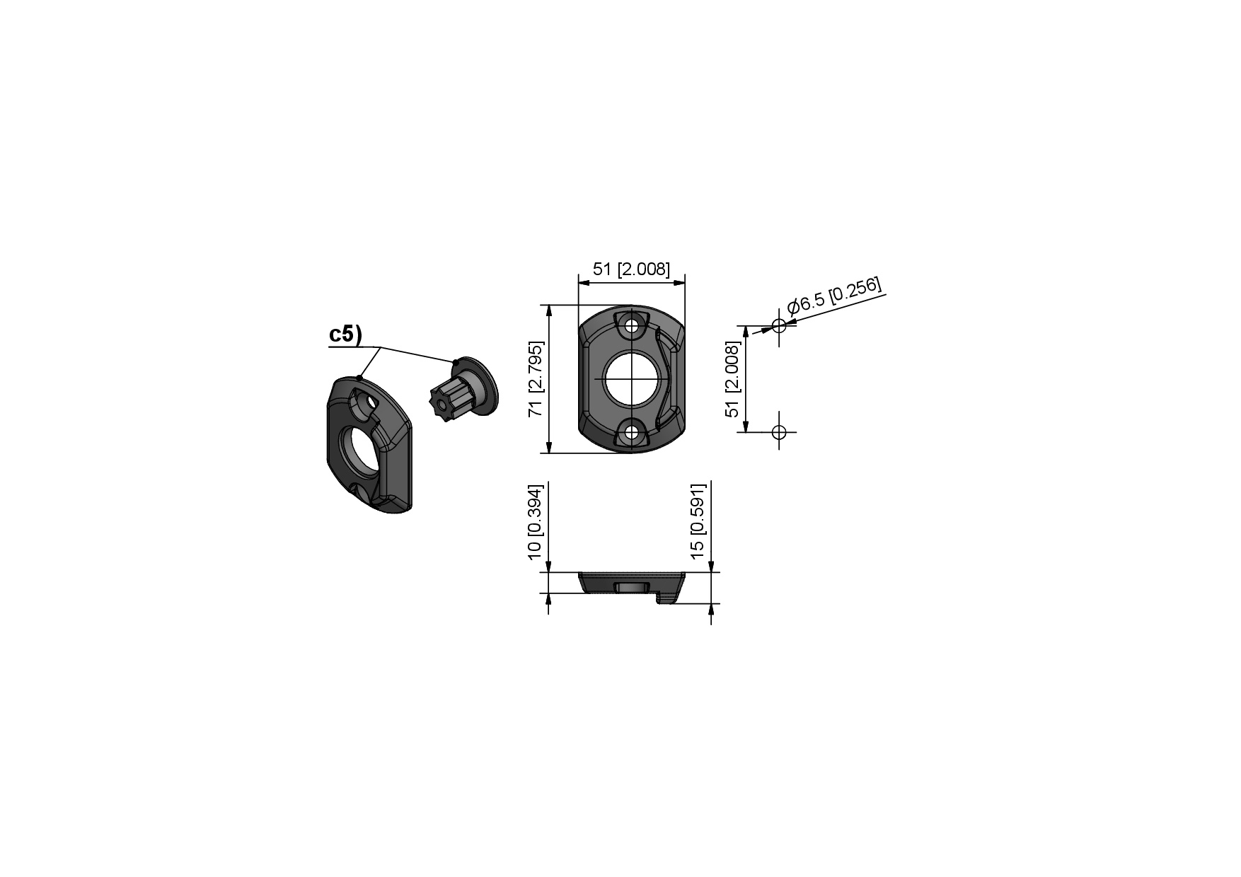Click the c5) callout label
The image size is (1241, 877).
click(345, 335)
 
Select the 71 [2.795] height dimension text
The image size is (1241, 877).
click(536, 379)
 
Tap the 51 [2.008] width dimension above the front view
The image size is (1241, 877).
click(631, 269)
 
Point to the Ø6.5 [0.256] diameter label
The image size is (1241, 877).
click(835, 296)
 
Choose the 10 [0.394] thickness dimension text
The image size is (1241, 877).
click(536, 522)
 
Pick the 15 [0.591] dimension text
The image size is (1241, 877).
click(698, 522)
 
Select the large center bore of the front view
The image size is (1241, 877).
click(632, 378)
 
